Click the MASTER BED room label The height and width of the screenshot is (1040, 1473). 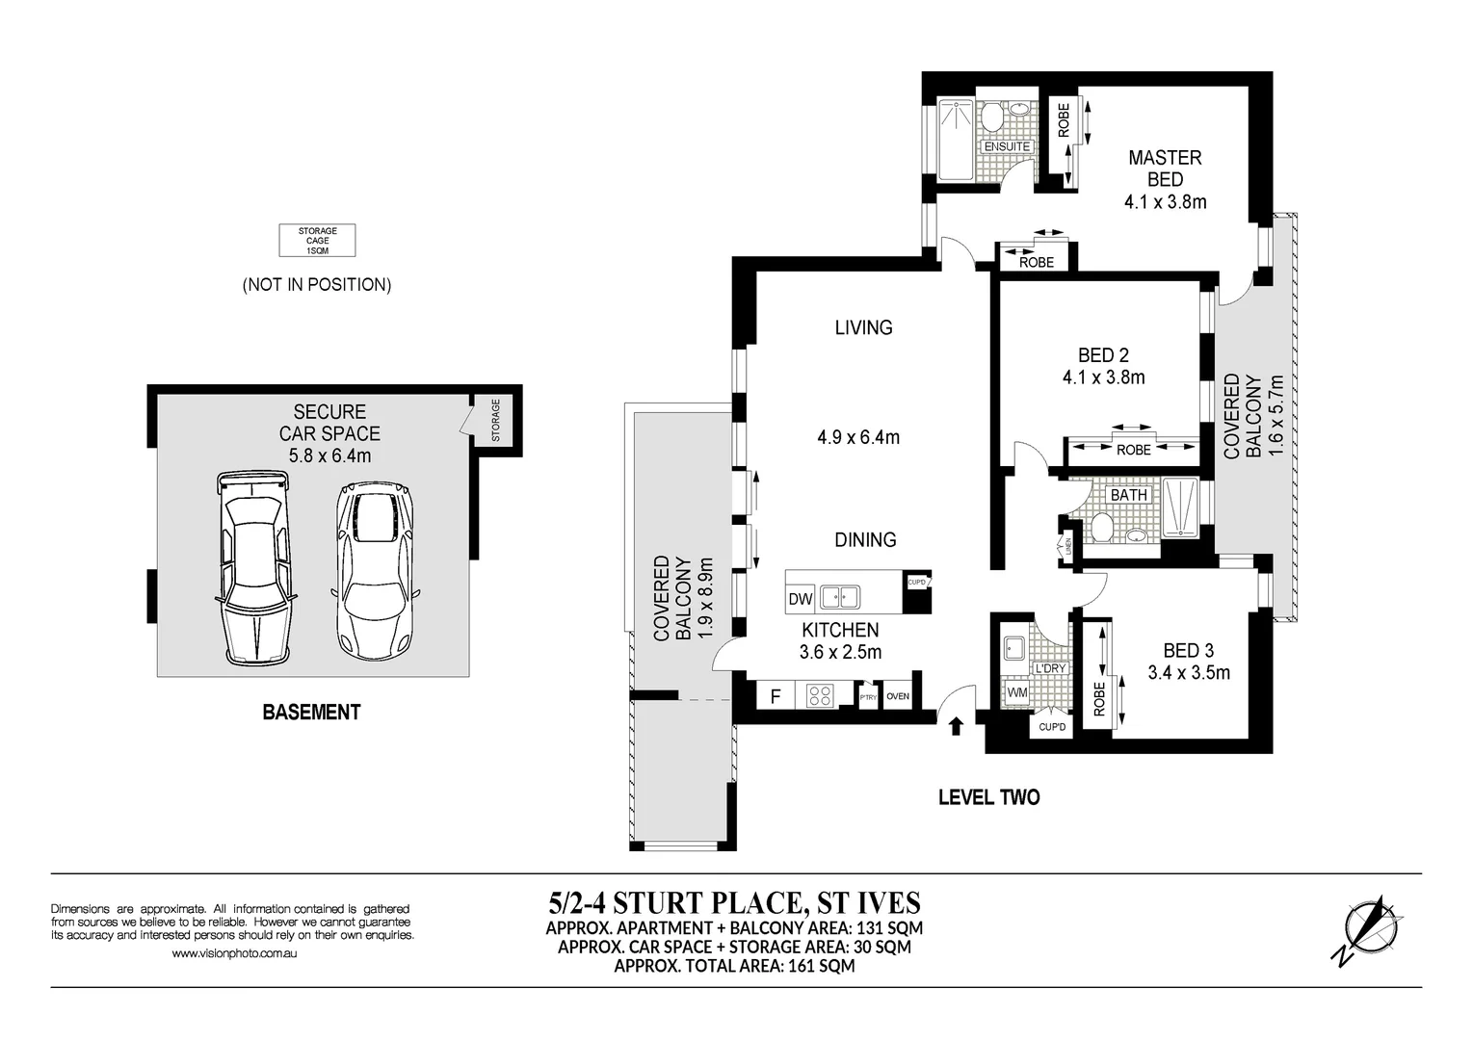[1165, 169]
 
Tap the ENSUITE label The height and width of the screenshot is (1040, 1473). [1007, 147]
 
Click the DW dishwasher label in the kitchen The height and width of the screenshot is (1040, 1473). [801, 599]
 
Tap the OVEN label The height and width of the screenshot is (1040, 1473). [897, 696]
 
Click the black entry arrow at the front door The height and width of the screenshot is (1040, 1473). [956, 726]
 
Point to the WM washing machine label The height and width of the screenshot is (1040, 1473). [1016, 692]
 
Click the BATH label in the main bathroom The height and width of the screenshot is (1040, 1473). [1129, 495]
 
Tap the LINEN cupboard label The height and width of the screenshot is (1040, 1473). [1068, 547]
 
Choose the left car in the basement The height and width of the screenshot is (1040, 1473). [253, 568]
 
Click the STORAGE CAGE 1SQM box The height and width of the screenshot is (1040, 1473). [317, 241]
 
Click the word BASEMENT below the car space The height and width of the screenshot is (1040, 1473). [311, 713]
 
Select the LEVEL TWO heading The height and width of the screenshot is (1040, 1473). [988, 797]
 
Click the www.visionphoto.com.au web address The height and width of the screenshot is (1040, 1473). [233, 954]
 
